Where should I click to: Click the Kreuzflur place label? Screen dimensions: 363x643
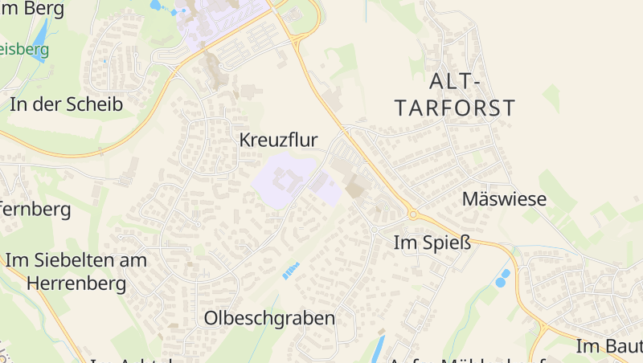tap(278, 140)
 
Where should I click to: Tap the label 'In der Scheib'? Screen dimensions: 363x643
tap(66, 104)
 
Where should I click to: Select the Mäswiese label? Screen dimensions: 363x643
tap(504, 199)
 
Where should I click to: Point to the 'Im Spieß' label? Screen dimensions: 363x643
tap(432, 242)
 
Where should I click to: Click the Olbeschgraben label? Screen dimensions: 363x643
tap(269, 318)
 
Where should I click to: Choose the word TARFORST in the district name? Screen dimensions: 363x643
tap(455, 108)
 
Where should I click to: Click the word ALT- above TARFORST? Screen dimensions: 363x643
tap(455, 81)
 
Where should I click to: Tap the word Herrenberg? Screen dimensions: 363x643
tap(76, 283)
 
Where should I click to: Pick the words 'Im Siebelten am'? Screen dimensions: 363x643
tap(76, 260)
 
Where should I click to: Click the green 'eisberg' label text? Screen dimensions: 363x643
tap(24, 49)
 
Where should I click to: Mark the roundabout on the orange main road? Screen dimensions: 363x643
tap(414, 214)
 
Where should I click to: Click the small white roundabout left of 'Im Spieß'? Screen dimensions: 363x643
tap(375, 230)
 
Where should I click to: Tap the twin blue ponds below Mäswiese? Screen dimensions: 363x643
tap(502, 279)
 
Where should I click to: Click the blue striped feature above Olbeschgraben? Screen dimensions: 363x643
tap(290, 271)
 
